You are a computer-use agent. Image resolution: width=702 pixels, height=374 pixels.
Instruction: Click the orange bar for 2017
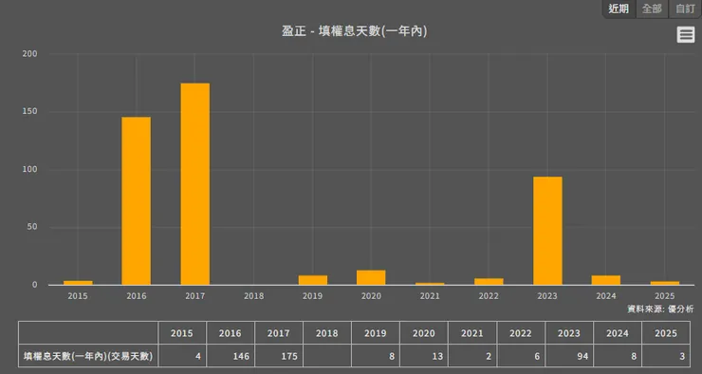[x=194, y=184]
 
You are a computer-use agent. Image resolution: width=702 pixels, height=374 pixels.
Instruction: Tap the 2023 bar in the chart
[x=547, y=231]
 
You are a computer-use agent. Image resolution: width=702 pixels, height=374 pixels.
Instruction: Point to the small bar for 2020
[x=371, y=278]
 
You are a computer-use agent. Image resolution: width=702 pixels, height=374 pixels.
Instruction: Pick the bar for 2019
[x=312, y=280]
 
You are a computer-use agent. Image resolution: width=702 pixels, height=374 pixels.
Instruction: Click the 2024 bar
[x=606, y=280]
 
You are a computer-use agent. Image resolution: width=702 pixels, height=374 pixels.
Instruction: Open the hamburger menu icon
[x=686, y=35]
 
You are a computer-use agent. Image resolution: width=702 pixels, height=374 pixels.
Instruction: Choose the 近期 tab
[x=619, y=9]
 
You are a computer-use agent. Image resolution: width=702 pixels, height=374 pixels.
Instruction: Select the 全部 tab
[x=652, y=9]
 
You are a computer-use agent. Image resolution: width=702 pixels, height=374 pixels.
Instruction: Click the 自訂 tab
[x=685, y=9]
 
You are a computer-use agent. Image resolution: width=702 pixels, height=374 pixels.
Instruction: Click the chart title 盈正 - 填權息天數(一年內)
[x=354, y=31]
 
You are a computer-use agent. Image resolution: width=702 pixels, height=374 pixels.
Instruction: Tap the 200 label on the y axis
[x=28, y=54]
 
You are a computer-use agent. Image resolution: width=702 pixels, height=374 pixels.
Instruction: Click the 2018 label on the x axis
[x=253, y=296]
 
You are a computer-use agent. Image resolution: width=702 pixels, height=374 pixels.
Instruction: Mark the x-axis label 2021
[x=430, y=296]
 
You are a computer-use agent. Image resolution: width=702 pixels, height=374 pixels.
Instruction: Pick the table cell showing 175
[x=278, y=356]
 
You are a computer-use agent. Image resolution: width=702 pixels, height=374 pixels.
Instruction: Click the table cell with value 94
[x=568, y=356]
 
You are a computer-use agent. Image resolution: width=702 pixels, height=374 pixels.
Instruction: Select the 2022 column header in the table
[x=520, y=333]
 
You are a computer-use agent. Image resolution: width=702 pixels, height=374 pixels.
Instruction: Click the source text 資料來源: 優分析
[x=660, y=309]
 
